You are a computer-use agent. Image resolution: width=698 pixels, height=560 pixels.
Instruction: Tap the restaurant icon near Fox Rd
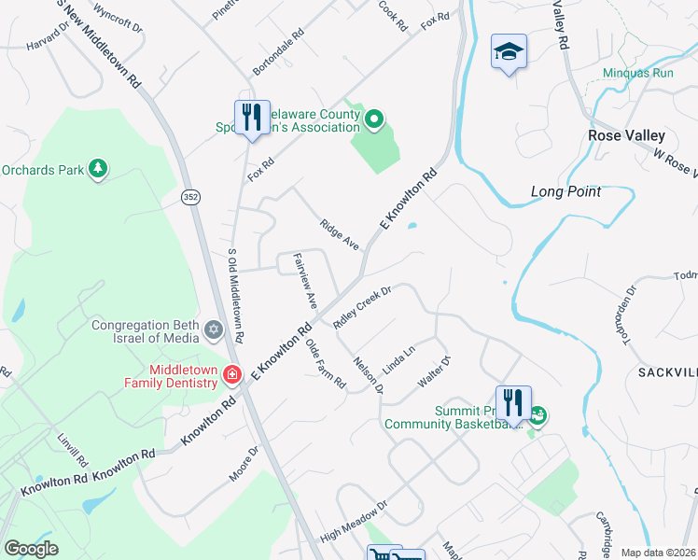tap(252, 118)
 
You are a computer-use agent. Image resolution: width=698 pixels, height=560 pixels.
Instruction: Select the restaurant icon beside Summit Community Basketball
tap(513, 403)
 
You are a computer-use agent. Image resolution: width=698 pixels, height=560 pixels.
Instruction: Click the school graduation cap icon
tap(509, 51)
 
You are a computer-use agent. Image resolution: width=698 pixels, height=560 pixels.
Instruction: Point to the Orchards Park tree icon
tap(97, 168)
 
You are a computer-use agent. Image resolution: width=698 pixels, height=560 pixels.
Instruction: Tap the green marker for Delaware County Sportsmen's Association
tap(373, 119)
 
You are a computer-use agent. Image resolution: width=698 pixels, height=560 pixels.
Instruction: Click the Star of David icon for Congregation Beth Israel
tap(214, 330)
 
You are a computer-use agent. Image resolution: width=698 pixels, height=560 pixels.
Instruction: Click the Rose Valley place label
tap(625, 135)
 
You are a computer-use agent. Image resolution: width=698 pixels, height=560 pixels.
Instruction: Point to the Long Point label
tap(565, 191)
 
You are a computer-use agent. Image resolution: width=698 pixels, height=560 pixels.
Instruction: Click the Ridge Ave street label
tap(340, 234)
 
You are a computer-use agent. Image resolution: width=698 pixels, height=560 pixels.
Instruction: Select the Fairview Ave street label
tap(305, 282)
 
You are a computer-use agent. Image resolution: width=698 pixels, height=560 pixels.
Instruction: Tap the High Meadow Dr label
tap(353, 524)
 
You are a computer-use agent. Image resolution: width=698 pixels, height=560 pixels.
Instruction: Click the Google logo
tap(31, 549)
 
